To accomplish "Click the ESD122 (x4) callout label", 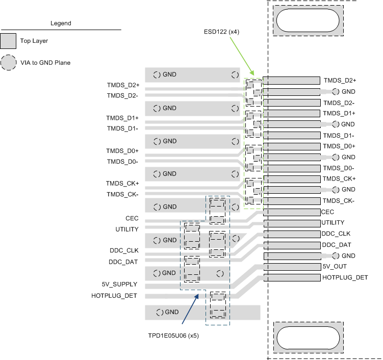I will (x=221, y=32).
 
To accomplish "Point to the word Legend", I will (x=61, y=23).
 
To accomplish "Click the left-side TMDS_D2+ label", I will (x=123, y=85).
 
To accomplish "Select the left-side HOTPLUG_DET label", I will (x=114, y=295).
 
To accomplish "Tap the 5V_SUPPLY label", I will (x=119, y=284).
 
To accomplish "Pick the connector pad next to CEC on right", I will (x=291, y=212).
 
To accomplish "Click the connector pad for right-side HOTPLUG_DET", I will (x=291, y=278).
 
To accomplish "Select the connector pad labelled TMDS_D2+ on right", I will (x=291, y=81).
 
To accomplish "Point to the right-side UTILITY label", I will (x=333, y=223).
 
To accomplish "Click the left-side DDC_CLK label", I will (x=123, y=251).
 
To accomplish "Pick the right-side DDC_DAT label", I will (x=337, y=245).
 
